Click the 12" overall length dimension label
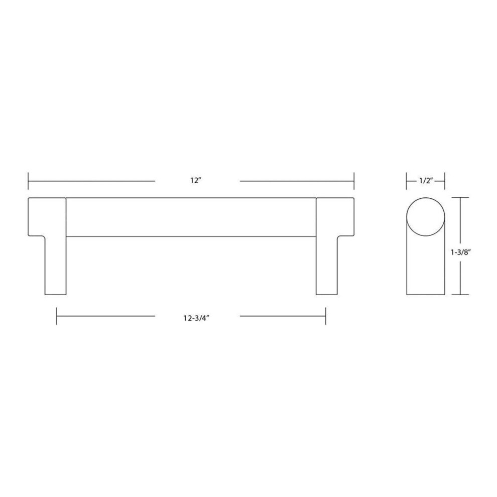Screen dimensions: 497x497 click(196, 181)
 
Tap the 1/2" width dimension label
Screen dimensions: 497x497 click(426, 181)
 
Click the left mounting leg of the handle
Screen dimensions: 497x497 click(55, 265)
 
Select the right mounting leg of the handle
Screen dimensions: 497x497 click(327, 265)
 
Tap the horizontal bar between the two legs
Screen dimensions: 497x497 click(191, 217)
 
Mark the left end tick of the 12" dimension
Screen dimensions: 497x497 click(28, 181)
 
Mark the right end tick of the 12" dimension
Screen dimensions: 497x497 click(354, 181)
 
